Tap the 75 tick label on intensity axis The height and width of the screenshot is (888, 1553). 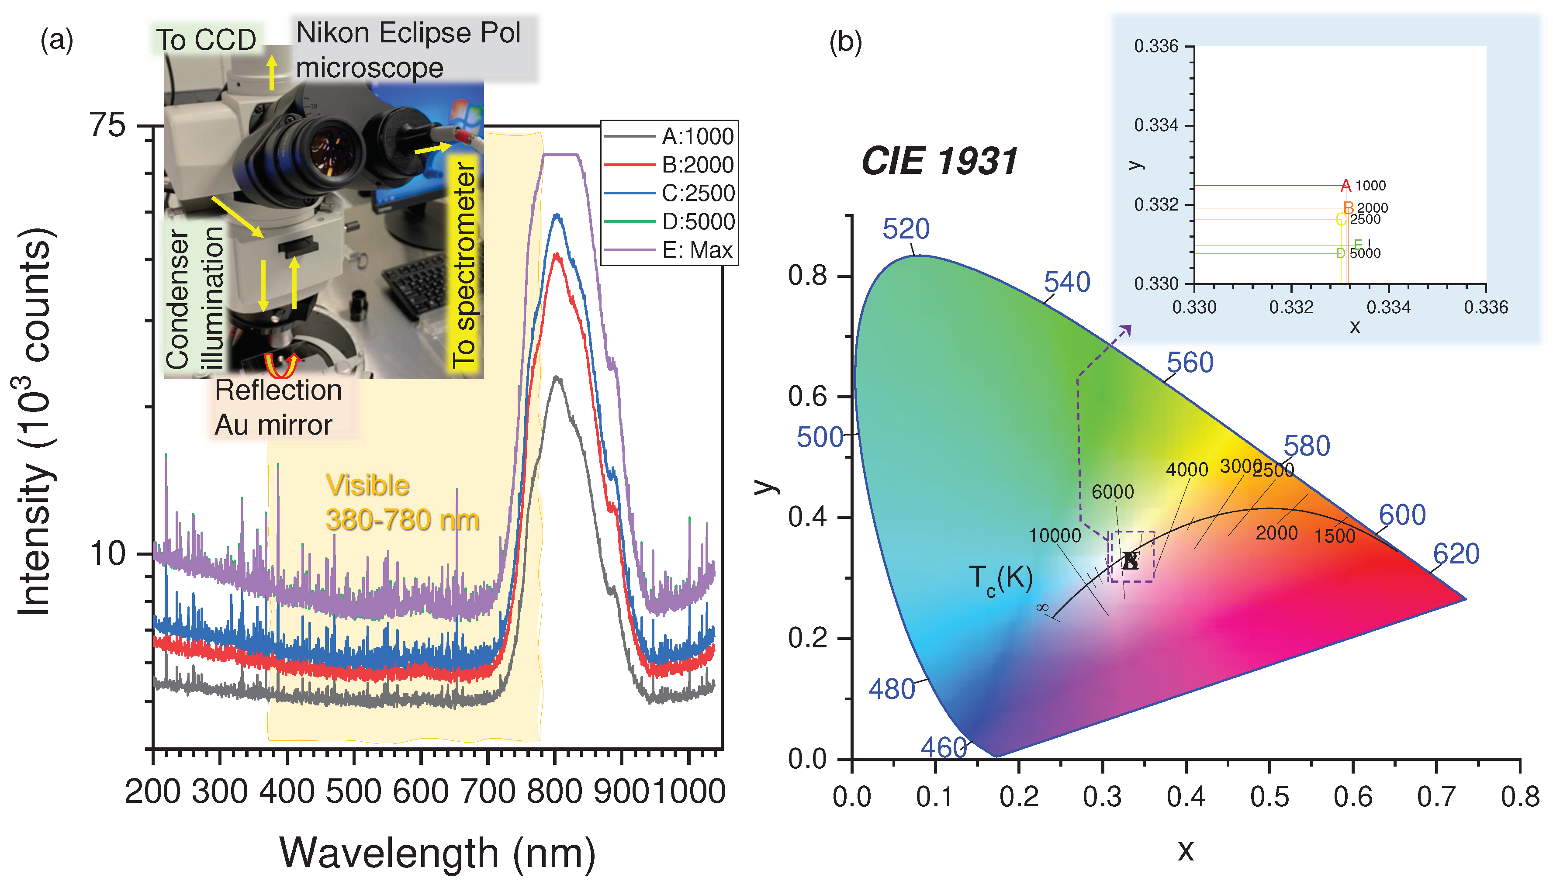[x=107, y=126]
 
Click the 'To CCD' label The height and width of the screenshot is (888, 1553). [x=206, y=40]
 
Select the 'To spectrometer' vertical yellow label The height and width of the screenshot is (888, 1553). [x=465, y=265]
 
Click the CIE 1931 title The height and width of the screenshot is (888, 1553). [x=939, y=162]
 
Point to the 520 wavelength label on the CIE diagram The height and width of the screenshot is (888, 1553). [x=906, y=229]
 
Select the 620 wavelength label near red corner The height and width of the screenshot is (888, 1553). [x=1456, y=554]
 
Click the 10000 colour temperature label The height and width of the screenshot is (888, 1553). [x=1055, y=536]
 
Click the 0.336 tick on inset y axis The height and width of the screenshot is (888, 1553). [x=1156, y=46]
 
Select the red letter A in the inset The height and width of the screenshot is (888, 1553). [x=1345, y=185]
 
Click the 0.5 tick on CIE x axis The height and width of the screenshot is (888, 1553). [x=1269, y=797]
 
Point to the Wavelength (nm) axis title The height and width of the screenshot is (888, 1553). [x=437, y=853]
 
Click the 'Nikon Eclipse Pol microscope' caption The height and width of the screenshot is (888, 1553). [x=408, y=50]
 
